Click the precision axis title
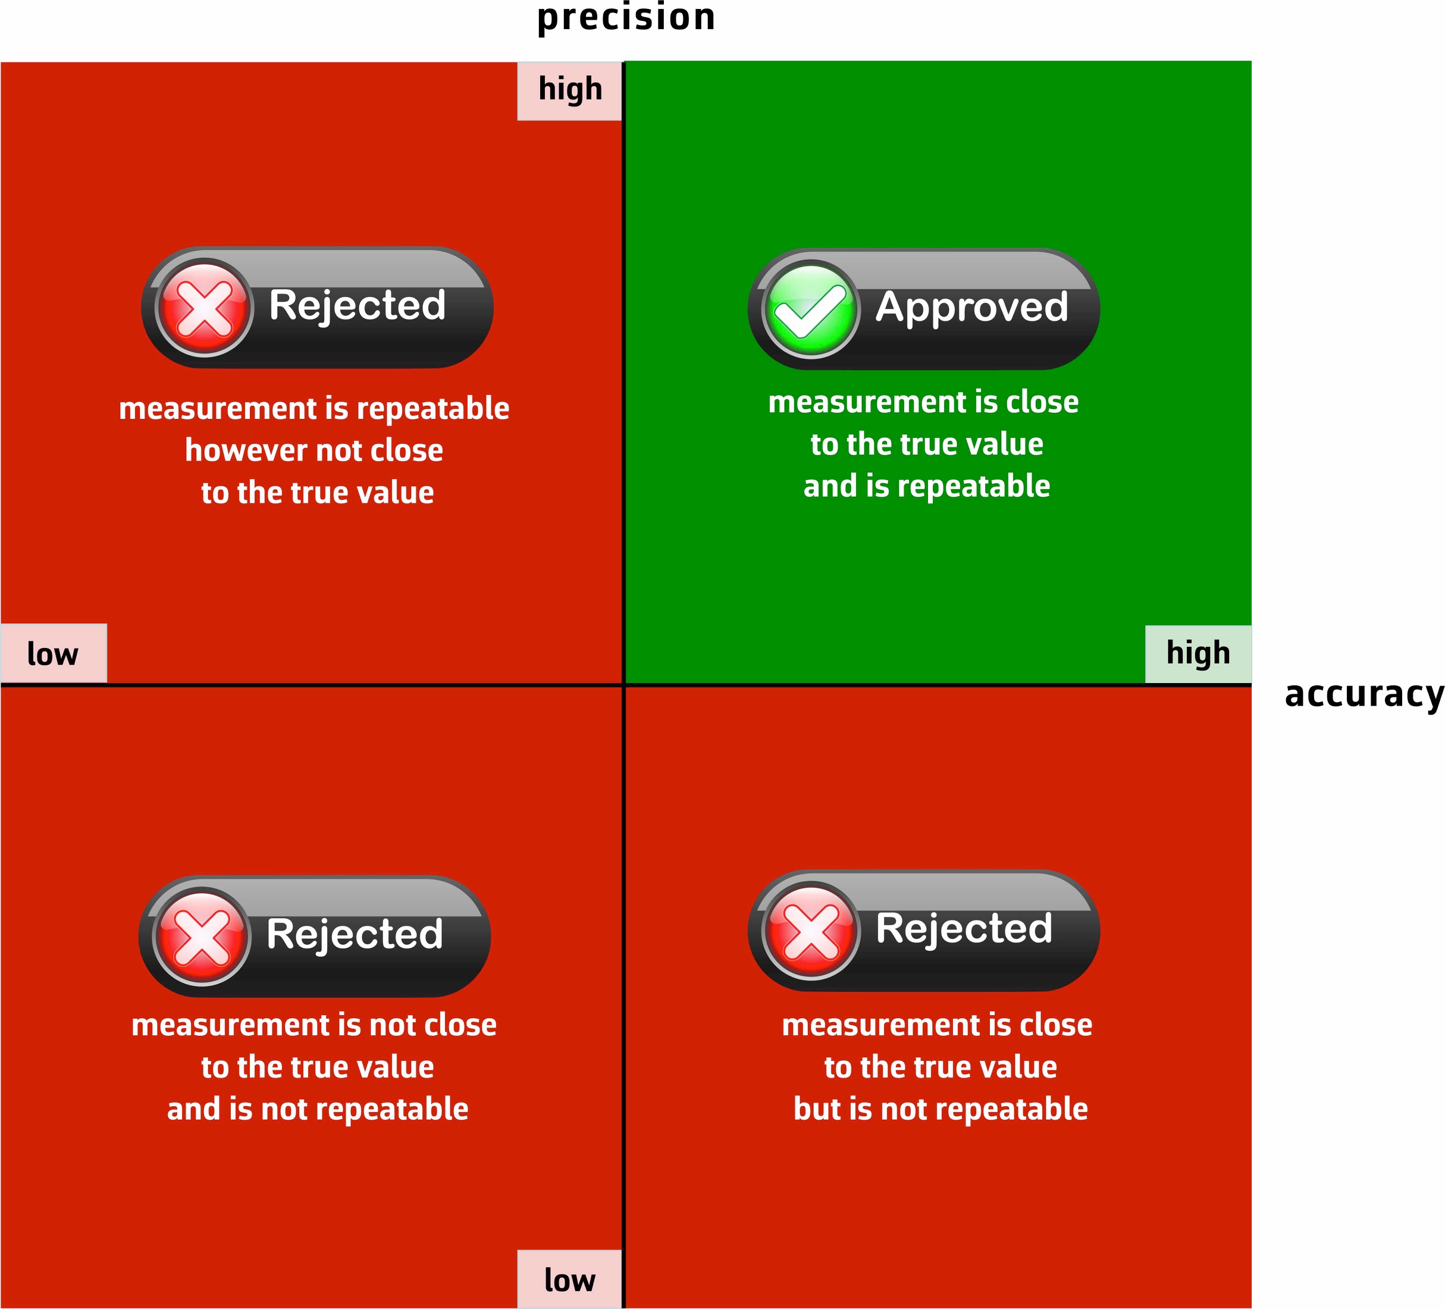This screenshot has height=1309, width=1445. pos(626,18)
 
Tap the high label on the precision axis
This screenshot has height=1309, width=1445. pos(570,90)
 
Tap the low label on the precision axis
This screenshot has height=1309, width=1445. pos(569,1280)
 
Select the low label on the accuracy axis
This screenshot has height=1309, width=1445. pos(52,654)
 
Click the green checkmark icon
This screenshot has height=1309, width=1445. pos(810,309)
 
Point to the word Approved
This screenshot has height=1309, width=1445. pos(971,308)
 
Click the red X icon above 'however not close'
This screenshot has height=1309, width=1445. pos(204,308)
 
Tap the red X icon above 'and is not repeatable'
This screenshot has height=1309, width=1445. pos(202,936)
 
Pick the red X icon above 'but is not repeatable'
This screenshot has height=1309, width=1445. pos(811,931)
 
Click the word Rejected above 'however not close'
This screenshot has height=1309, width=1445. pos(357,305)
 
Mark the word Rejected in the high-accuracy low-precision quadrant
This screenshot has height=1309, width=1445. pos(964,928)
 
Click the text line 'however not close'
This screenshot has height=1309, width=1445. pos(314,450)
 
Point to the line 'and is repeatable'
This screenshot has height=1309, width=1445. pos(927,486)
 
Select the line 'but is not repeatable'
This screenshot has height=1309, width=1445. pos(941,1109)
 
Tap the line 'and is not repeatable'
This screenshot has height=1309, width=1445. pos(318,1109)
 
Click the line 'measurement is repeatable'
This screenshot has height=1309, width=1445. pos(314,409)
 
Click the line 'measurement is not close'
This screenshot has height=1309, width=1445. pos(314,1025)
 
